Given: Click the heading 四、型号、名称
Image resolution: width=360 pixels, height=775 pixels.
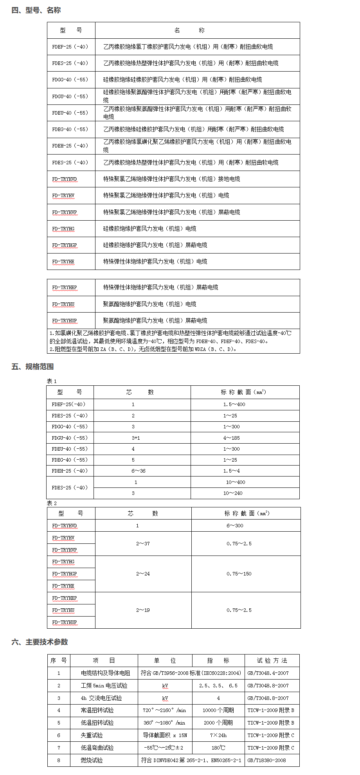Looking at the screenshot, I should (36, 10).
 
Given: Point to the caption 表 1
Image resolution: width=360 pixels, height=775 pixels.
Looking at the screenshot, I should (52, 381).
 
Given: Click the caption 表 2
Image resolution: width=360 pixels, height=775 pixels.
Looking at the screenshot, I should (52, 503).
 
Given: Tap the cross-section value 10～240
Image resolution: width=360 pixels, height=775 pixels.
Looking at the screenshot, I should (233, 493).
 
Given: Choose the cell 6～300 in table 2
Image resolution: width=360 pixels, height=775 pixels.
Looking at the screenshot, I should (235, 525).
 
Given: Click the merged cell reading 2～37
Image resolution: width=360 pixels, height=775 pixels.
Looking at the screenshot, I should (143, 543).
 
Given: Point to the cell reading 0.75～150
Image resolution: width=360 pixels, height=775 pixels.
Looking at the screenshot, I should (239, 574).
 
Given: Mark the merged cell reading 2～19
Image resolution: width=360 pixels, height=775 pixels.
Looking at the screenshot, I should (143, 610).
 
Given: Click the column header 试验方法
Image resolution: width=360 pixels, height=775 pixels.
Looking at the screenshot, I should (272, 660).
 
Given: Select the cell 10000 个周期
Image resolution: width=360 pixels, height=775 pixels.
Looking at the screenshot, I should (218, 710).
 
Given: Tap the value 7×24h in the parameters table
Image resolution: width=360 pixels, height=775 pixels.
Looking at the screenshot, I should (218, 735).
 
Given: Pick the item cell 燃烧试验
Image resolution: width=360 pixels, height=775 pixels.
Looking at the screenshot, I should (92, 760).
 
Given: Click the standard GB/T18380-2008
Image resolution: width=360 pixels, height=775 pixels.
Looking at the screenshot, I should (266, 760).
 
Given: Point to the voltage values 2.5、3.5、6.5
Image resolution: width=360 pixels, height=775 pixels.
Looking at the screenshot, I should (218, 685).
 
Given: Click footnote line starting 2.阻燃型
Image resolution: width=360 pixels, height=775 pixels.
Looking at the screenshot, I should (143, 349).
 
